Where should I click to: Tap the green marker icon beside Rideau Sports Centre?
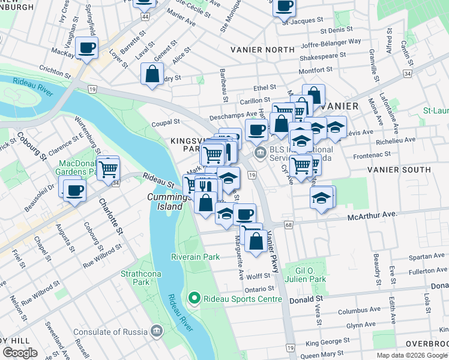point(194,298)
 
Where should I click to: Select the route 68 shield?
point(289,224)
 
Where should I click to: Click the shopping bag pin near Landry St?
point(152,74)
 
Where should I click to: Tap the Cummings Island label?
point(165,202)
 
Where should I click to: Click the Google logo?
point(20,353)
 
